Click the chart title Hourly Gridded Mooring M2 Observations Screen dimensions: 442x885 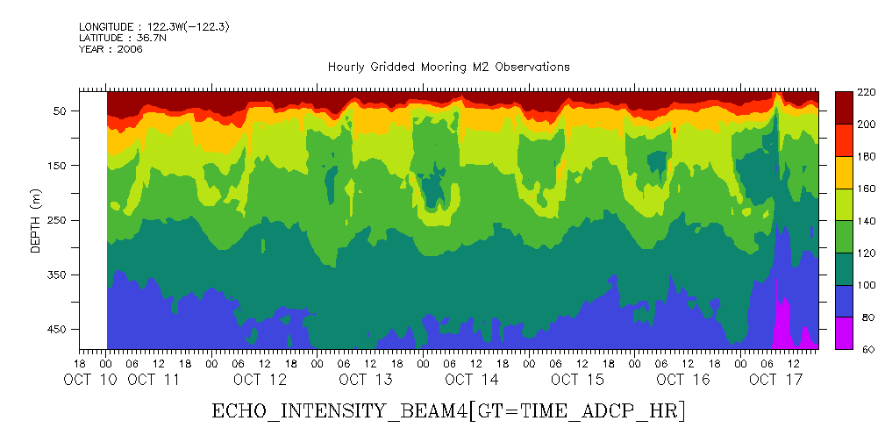(448, 67)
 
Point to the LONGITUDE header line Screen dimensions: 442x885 (154, 27)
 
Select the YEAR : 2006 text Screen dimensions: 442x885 (111, 49)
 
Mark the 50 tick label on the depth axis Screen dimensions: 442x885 (61, 111)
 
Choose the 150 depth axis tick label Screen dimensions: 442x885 (58, 166)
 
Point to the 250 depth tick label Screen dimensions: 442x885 (58, 220)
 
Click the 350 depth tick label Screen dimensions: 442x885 (58, 275)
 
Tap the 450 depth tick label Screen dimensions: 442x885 (58, 330)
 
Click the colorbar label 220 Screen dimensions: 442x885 (867, 92)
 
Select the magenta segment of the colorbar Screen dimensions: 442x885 (844, 333)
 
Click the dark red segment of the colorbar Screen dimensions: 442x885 (844, 108)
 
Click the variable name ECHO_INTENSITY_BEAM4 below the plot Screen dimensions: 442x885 (339, 410)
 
